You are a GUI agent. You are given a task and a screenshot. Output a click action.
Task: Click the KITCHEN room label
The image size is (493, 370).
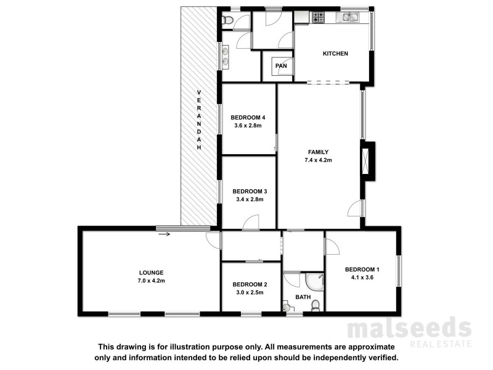tap(336, 54)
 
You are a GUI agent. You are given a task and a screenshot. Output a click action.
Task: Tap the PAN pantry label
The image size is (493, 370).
tap(281, 66)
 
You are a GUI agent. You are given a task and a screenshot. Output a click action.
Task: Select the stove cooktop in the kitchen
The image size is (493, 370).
tap(318, 18)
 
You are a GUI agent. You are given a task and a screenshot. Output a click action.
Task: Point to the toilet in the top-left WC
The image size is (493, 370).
tap(227, 22)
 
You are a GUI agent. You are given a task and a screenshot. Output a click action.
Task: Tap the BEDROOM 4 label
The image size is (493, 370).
tap(248, 118)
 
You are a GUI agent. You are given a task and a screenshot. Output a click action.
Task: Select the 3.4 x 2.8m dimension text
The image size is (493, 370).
tap(248, 200)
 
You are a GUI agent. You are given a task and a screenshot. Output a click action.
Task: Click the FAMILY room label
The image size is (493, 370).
tap(319, 152)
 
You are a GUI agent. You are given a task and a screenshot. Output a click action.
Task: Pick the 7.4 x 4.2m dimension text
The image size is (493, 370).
tap(319, 161)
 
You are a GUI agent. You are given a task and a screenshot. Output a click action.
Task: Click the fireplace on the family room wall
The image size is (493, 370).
tap(369, 161)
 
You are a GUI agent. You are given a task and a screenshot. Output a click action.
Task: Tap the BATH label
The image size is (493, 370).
tap(303, 297)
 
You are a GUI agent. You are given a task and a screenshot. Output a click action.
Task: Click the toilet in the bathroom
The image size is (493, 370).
tap(316, 305)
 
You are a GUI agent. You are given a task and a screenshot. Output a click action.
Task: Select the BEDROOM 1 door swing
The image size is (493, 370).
tap(332, 247)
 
